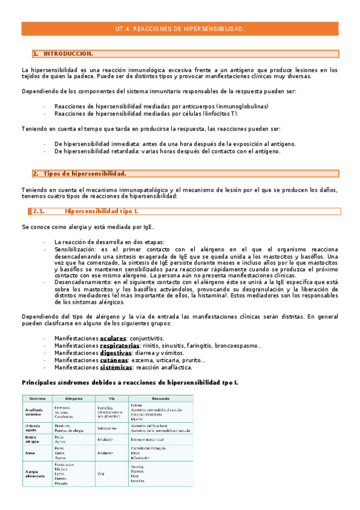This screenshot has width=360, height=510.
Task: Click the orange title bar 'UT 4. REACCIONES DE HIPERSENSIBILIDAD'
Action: (x=180, y=29)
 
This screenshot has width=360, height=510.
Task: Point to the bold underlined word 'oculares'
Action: (x=113, y=339)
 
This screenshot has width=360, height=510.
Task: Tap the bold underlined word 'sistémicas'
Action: (x=116, y=367)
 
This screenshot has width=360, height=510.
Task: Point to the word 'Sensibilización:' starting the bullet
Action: (x=76, y=249)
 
